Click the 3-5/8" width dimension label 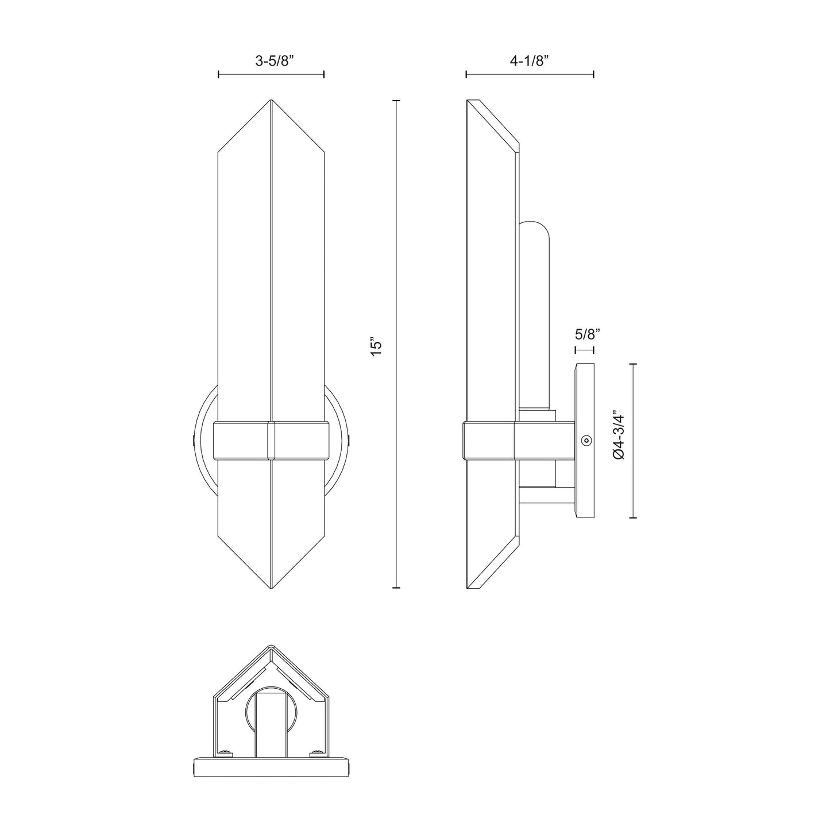pos(271,61)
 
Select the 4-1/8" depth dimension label pos(529,61)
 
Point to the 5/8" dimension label pos(587,333)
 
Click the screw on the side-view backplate pos(585,441)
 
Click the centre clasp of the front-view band pos(271,441)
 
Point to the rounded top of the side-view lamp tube pos(534,226)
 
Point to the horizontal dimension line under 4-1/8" pos(529,74)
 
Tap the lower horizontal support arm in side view pos(546,495)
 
